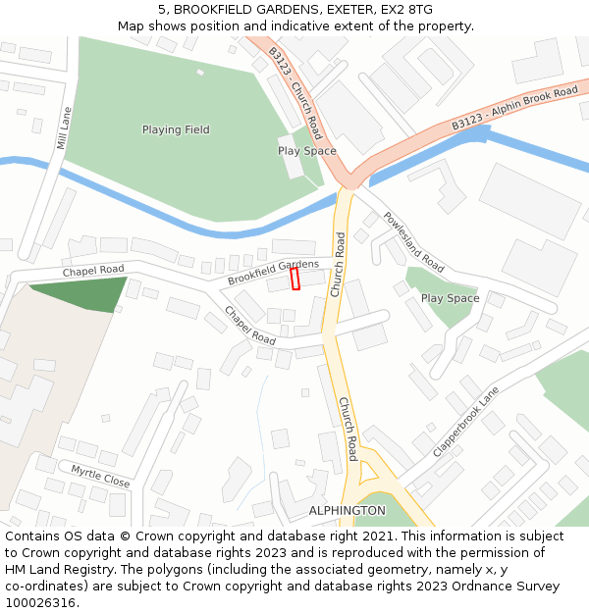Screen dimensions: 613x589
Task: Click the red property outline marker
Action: (295, 280)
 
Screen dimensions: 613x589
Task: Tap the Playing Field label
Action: (176, 129)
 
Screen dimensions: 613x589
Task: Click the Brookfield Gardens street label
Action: (273, 272)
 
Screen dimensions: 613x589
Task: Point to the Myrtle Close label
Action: (100, 477)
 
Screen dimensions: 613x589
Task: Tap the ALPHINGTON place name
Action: (347, 511)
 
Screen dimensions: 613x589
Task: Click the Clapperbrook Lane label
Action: (465, 422)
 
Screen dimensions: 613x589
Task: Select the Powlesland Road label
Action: (413, 242)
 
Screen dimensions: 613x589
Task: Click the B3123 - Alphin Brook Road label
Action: (514, 109)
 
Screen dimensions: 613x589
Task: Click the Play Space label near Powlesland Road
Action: (450, 298)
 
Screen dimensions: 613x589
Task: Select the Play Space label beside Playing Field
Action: (306, 151)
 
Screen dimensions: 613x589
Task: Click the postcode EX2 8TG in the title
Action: (406, 10)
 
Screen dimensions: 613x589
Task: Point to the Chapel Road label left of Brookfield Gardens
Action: (93, 270)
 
